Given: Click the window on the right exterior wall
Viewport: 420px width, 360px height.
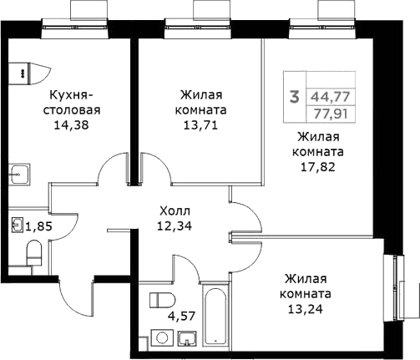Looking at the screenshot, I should pyautogui.click(x=392, y=285).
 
